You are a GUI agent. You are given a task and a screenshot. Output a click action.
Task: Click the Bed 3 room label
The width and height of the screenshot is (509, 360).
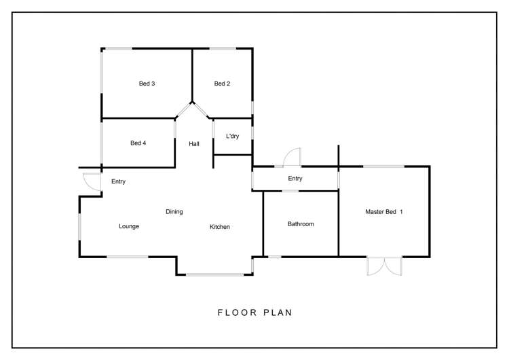coord(147,84)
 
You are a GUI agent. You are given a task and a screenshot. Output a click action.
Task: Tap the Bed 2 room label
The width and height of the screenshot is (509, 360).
coord(222,84)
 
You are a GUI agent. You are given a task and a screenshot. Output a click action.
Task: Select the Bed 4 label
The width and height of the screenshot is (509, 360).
coord(138,143)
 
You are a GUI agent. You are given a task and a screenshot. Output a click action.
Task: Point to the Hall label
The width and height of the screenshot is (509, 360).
coord(194,143)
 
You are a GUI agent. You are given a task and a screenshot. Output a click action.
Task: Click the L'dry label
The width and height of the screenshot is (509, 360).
coord(232,136)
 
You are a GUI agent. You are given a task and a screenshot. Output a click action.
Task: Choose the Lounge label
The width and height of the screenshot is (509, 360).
coord(129,226)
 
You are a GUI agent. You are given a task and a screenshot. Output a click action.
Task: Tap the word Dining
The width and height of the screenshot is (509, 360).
coord(174,211)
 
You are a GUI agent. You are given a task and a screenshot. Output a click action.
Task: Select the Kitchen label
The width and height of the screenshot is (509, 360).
coord(220,227)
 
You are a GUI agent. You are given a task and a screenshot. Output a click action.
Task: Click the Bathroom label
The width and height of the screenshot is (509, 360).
coord(301,224)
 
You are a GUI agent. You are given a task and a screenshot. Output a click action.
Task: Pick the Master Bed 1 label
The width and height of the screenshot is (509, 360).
coord(384,211)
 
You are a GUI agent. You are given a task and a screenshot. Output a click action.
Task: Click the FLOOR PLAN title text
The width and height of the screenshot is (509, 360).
coord(254,312)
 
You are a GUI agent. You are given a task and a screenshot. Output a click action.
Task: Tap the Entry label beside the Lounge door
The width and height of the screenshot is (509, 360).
coord(118,181)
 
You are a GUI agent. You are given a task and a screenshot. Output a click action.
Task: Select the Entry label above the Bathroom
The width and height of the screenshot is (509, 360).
coord(295,179)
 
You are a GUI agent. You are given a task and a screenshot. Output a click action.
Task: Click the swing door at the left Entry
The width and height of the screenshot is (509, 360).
coord(92,182)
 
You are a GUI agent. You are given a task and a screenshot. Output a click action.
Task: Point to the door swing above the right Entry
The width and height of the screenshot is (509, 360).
coord(292,158)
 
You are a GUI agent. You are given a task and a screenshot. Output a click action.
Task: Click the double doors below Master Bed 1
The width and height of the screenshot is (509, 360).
coord(384,266)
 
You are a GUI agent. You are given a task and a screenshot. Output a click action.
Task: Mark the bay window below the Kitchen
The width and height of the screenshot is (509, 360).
coord(214,275)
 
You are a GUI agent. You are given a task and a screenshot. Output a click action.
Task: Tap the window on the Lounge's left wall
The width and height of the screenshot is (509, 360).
coord(79,227)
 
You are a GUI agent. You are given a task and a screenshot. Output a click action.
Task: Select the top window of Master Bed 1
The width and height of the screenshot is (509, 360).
coord(383,166)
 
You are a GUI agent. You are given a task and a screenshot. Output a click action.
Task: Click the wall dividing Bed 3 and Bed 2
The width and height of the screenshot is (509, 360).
coord(192,75)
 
